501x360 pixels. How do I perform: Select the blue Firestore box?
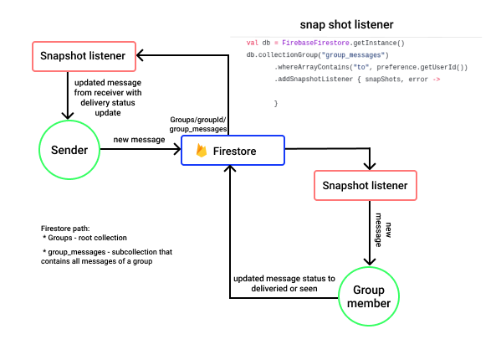coord(233,151)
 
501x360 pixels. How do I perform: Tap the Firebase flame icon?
coord(202,151)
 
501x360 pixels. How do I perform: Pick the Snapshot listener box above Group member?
coord(366,186)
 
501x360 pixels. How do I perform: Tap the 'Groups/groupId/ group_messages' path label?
coord(197,125)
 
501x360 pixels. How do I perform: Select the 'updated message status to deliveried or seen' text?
coord(284,284)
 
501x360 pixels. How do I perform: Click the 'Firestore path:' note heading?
coord(65,229)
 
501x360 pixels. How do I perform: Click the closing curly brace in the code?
coord(275,103)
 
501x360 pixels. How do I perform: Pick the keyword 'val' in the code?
coord(252,43)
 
